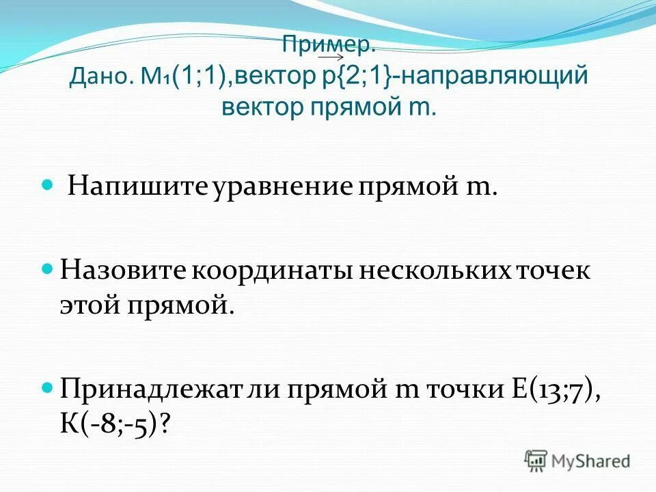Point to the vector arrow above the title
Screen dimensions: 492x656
[330, 57]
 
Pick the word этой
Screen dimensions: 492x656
[87, 305]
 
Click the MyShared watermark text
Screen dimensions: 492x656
[591, 461]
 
